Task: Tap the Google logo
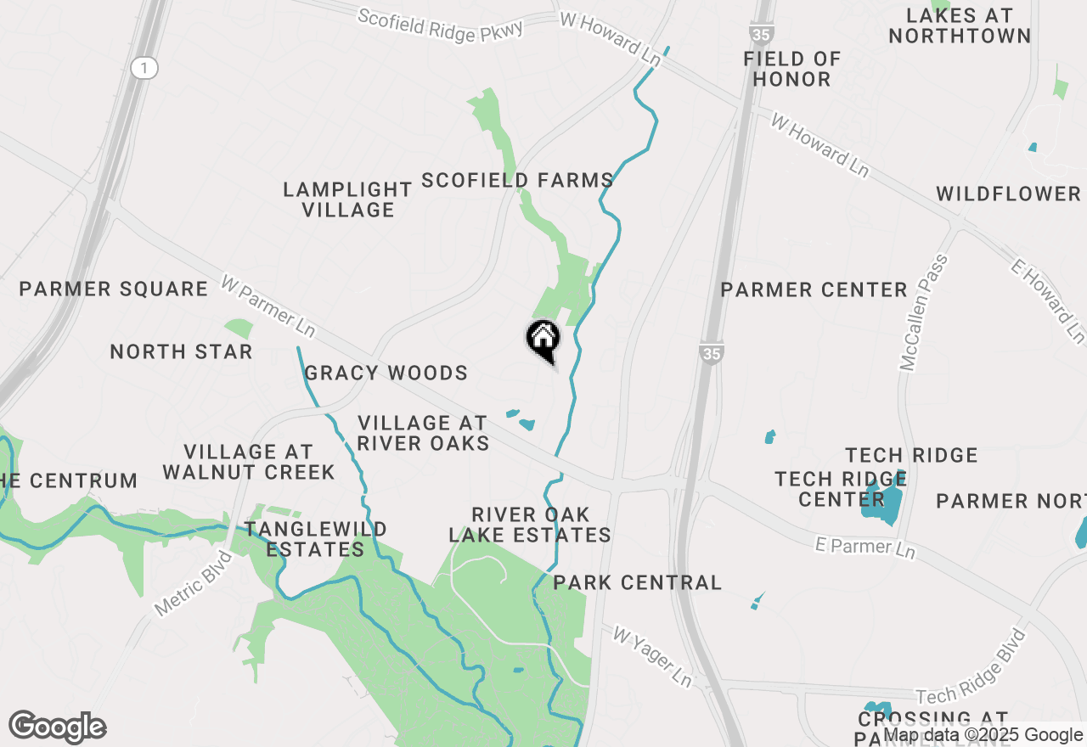pyautogui.click(x=58, y=727)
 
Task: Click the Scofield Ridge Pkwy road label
pyautogui.click(x=440, y=23)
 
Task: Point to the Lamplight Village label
pyautogui.click(x=348, y=199)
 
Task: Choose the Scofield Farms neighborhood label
pyautogui.click(x=517, y=180)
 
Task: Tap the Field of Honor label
pyautogui.click(x=791, y=69)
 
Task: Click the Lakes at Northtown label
pyautogui.click(x=960, y=25)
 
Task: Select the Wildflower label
pyautogui.click(x=1009, y=194)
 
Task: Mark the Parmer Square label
pyautogui.click(x=114, y=289)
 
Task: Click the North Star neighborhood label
pyautogui.click(x=182, y=351)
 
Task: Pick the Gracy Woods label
pyautogui.click(x=386, y=373)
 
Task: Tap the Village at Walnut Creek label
pyautogui.click(x=249, y=462)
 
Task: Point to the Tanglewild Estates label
pyautogui.click(x=316, y=539)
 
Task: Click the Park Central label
pyautogui.click(x=637, y=582)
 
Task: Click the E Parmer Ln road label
pyautogui.click(x=865, y=547)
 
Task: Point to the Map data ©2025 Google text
pyautogui.click(x=983, y=735)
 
